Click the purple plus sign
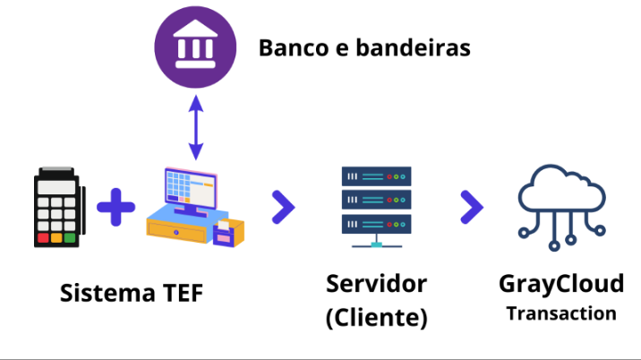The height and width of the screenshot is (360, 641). point(115,207)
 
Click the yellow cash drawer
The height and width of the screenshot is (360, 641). point(179,229)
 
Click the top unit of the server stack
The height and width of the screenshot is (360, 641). point(375,176)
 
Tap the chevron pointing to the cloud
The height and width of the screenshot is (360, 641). point(471,207)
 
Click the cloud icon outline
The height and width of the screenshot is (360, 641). point(561,188)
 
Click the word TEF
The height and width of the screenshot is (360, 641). point(183,293)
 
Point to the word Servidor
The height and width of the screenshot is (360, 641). point(376,284)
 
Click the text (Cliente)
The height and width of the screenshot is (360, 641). point(376,317)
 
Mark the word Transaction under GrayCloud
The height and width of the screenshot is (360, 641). point(561,313)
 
